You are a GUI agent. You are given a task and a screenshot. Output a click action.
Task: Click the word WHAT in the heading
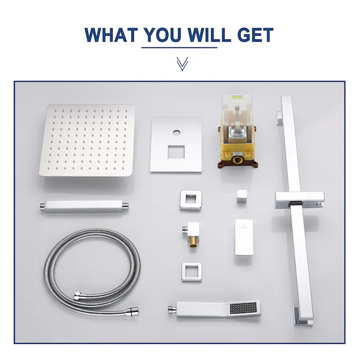point(111,35)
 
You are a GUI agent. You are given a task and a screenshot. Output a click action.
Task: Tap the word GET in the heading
point(255,35)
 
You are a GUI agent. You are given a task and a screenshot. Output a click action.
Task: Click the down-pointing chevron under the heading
point(182,64)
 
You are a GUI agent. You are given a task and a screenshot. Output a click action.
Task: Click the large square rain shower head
point(87,140)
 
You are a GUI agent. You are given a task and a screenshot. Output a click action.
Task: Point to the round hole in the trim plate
point(177,133)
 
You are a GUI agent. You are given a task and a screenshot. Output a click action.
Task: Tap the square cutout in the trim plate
point(176,152)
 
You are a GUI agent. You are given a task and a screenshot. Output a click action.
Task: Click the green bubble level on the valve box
point(237,97)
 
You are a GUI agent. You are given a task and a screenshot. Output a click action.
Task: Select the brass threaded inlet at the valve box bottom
point(237,160)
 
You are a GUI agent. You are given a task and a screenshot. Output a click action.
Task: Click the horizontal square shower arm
point(84,206)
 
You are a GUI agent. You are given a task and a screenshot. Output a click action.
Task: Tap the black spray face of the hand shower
point(243,308)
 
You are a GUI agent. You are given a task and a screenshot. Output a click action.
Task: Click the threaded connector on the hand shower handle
point(172,310)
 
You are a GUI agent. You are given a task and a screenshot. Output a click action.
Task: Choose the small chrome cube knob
point(242,196)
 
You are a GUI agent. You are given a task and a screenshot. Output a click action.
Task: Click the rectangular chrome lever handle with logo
point(244,238)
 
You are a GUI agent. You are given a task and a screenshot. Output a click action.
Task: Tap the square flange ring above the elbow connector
point(191,201)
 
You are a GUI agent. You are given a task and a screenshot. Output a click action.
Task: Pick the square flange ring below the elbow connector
point(191,273)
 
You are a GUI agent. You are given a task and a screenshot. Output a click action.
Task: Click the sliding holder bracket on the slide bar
point(300,200)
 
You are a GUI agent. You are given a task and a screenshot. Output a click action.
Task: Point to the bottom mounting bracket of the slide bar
point(303,317)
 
